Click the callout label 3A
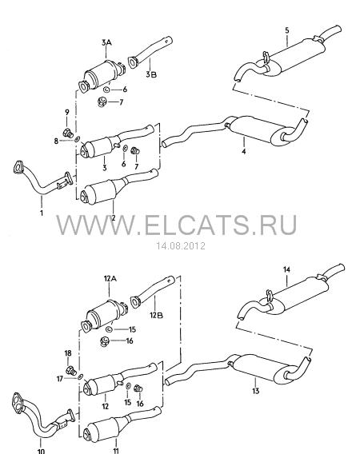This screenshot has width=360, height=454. click(x=106, y=43)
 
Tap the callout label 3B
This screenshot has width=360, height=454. click(x=151, y=74)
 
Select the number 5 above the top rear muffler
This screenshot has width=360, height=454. click(x=287, y=30)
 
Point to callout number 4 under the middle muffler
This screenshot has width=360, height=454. click(x=244, y=151)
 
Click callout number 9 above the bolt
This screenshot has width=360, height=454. click(x=67, y=112)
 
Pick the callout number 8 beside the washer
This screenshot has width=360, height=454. click(x=56, y=141)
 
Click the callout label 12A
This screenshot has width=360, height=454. click(x=110, y=278)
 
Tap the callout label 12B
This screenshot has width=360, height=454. click(x=156, y=315)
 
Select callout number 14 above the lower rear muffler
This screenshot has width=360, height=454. click(x=286, y=269)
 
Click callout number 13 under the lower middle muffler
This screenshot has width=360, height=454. click(x=255, y=391)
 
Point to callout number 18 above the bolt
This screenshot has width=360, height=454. click(x=68, y=353)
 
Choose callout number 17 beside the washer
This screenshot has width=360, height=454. click(x=60, y=378)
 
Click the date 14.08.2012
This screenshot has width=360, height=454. click(x=181, y=246)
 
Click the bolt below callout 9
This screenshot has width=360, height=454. click(x=67, y=133)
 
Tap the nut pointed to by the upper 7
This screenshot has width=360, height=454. click(x=102, y=102)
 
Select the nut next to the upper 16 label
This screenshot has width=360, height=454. click(x=104, y=341)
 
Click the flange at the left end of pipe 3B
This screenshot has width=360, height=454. click(x=133, y=62)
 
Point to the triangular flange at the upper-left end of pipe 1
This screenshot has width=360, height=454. click(x=18, y=167)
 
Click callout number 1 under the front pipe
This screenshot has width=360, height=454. click(x=42, y=213)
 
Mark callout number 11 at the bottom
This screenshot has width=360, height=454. click(x=116, y=451)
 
